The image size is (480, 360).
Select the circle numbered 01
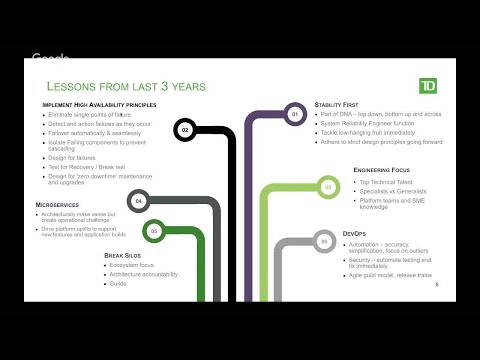(295, 115)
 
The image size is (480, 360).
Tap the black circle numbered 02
(184, 129)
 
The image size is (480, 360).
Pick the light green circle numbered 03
(327, 187)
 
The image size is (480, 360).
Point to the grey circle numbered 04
(139, 200)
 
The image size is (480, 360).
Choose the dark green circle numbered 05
(154, 231)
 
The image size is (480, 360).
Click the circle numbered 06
(323, 241)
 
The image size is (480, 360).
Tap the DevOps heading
(356, 232)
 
